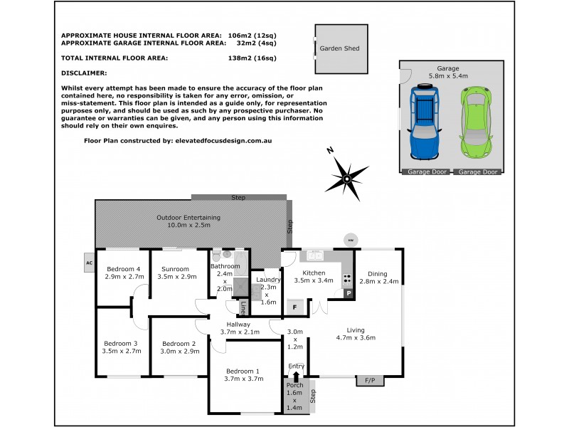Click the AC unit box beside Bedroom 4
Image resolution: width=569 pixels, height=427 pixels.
89,262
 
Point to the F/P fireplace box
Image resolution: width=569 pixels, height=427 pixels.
369,381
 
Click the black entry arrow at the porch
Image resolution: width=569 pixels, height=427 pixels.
297,376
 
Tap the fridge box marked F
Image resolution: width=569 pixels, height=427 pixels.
294,307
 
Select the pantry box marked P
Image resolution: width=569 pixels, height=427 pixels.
349,292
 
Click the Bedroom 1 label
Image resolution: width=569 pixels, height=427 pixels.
243,371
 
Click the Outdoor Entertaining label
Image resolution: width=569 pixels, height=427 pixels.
188,217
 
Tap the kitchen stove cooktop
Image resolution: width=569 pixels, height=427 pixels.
349,278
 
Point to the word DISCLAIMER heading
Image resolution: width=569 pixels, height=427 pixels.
84,73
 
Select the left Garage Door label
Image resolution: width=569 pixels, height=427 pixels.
425,172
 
